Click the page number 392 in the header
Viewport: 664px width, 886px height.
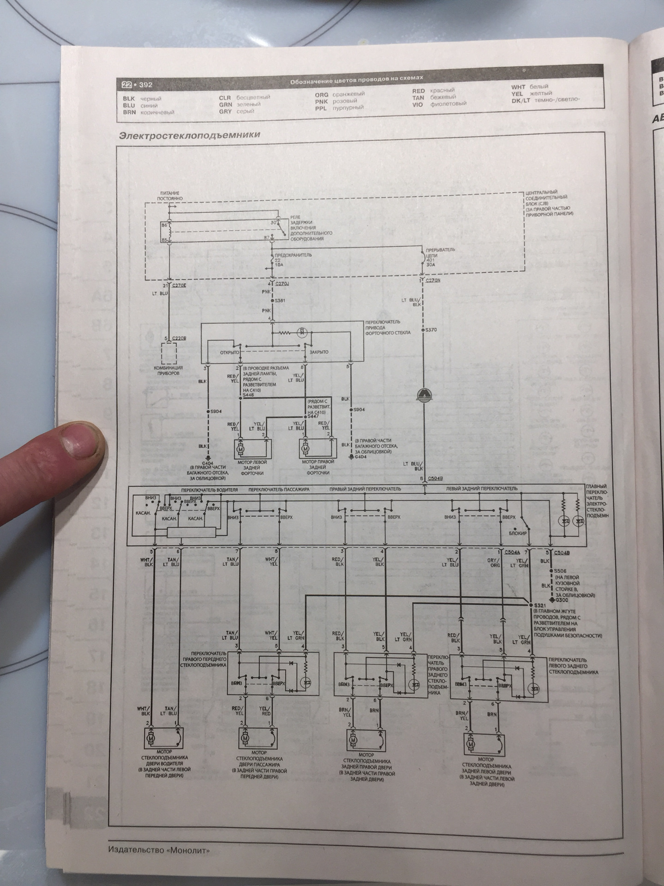click(146, 85)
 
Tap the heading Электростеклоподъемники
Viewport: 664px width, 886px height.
click(190, 135)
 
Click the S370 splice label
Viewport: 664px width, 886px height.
click(431, 329)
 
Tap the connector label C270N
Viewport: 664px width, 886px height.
click(434, 280)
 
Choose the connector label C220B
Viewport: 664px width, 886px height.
click(179, 338)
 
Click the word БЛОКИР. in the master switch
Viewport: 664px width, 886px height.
click(517, 533)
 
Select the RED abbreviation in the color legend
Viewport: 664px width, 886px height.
click(418, 91)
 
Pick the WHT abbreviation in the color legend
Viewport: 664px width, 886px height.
click(518, 87)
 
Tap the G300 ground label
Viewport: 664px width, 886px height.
click(562, 600)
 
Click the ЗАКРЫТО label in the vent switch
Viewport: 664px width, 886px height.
click(319, 352)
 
